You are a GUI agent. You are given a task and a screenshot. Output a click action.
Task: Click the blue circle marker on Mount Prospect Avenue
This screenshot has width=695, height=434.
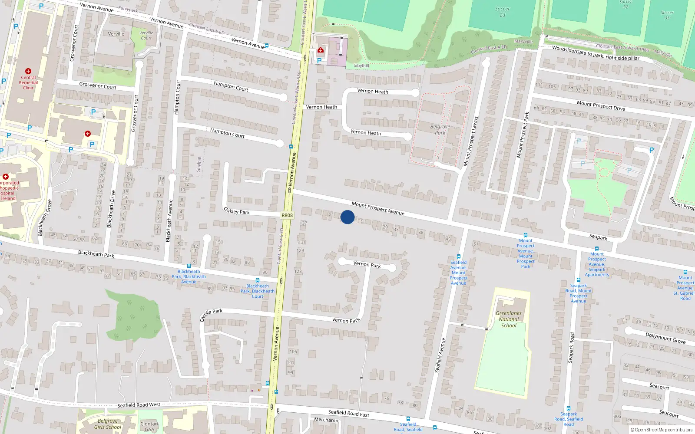pos(347,217)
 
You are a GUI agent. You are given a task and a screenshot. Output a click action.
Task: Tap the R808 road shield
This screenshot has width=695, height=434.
pos(287,215)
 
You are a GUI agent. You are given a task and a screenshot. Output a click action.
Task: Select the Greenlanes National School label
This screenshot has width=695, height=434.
pos(509,319)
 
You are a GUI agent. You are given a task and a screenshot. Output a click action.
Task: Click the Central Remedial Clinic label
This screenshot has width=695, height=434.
pos(28,82)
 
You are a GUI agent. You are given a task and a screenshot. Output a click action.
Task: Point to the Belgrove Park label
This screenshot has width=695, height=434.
pos(440,130)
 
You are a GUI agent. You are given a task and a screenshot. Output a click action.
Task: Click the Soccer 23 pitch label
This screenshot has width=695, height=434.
pos(502,12)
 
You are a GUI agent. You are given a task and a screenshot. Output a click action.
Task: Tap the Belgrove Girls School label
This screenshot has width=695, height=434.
pos(107,424)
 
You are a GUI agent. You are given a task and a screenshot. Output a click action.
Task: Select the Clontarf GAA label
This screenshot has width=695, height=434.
pos(149,426)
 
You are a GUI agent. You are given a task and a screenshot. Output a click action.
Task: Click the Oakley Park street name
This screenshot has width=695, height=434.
pos(237,211)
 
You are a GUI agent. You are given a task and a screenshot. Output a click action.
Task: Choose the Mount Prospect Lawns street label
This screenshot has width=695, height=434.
pos(470,141)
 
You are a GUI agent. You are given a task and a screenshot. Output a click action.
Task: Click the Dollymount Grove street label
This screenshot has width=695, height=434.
pos(665,338)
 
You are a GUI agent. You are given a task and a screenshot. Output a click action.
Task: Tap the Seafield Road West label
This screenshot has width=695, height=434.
pos(139,405)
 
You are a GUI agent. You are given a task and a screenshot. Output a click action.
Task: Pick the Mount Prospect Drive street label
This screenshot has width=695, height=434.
pos(601,105)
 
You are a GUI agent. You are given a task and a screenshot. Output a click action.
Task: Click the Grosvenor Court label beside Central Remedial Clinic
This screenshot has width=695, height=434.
pos(98,86)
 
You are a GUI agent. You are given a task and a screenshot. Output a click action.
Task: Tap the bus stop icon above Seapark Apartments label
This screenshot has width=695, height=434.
pos(597,249)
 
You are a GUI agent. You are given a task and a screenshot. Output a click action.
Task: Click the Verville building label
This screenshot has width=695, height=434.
pos(116,34)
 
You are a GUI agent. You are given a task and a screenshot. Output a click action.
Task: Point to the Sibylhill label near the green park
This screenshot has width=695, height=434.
pos(361,66)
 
